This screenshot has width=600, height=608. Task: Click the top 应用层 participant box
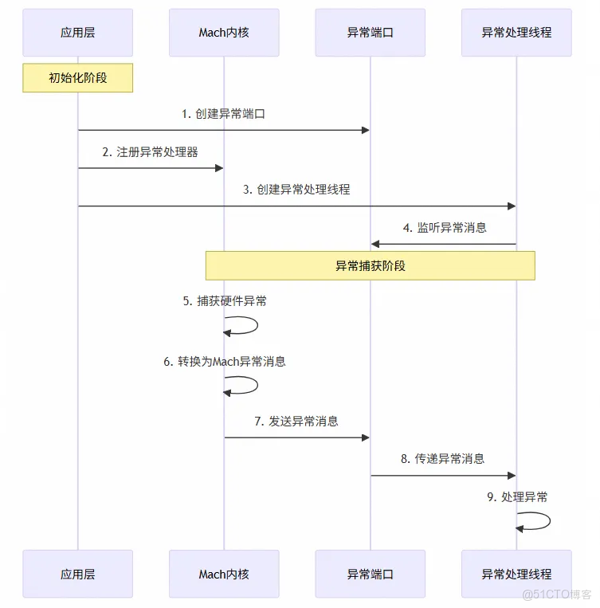coord(77,33)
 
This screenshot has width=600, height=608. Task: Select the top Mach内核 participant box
coord(224,33)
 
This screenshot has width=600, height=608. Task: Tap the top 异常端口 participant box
coord(370,33)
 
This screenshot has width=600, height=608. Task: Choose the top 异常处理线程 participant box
coord(516,33)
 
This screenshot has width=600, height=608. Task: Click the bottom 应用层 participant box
coord(77,574)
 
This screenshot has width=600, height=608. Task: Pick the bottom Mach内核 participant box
coord(224,574)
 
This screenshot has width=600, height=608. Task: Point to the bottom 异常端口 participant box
coord(370,574)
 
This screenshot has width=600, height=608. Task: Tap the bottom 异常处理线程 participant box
coord(516,574)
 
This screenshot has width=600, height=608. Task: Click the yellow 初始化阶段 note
coord(77,78)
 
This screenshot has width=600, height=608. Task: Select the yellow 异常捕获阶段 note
coord(370,265)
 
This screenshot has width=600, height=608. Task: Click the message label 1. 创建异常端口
coord(223,114)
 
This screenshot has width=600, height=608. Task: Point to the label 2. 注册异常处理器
coord(150,151)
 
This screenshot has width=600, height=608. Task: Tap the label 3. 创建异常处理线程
coord(296,190)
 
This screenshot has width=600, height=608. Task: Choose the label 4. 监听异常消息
coord(445,227)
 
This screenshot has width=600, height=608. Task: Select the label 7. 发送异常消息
coord(296,421)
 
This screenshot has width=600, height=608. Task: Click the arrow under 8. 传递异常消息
coord(443,476)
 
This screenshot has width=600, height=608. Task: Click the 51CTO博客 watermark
coord(558,594)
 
